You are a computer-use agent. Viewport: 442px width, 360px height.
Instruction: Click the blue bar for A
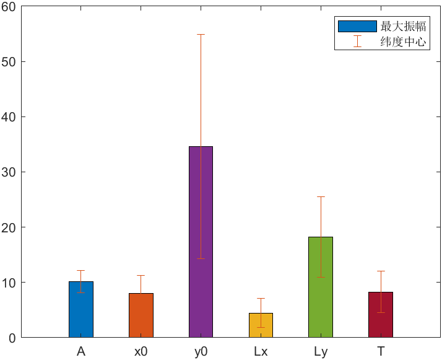(81, 309)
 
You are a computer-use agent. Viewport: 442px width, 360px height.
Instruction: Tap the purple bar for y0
(201, 242)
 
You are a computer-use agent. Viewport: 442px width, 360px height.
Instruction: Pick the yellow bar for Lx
(261, 325)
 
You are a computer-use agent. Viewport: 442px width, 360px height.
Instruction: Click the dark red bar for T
(381, 314)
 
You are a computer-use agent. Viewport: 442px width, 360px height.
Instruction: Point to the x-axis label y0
(201, 352)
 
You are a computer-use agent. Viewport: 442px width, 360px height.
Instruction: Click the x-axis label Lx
(261, 352)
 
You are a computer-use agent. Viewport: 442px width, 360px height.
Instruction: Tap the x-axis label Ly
(321, 352)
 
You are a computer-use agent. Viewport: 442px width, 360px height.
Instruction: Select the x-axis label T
(381, 352)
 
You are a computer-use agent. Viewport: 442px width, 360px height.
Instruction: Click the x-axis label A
(81, 352)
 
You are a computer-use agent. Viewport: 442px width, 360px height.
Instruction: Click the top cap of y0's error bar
(201, 34)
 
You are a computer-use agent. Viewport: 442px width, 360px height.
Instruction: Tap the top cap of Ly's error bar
(321, 196)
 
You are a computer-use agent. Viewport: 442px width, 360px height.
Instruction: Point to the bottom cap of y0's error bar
(201, 258)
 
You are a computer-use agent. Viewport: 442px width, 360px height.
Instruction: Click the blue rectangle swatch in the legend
(357, 26)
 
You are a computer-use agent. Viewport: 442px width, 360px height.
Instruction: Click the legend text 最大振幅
(403, 26)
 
